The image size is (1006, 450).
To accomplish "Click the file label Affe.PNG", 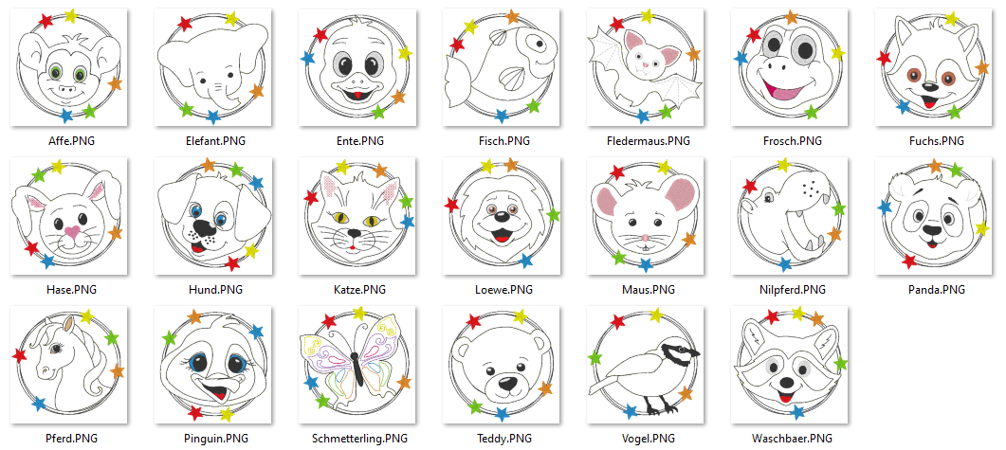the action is (x=71, y=141).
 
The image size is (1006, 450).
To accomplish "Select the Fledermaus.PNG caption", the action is (x=648, y=141).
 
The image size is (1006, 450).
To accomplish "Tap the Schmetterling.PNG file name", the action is (x=359, y=439).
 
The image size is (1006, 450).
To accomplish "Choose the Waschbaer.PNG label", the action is (x=792, y=439).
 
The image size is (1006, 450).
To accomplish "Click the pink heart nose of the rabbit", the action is (x=73, y=232).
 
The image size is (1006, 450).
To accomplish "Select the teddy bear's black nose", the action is (x=507, y=384).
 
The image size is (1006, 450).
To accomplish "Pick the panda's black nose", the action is (x=932, y=229).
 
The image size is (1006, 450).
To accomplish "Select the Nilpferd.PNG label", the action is (x=792, y=290).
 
